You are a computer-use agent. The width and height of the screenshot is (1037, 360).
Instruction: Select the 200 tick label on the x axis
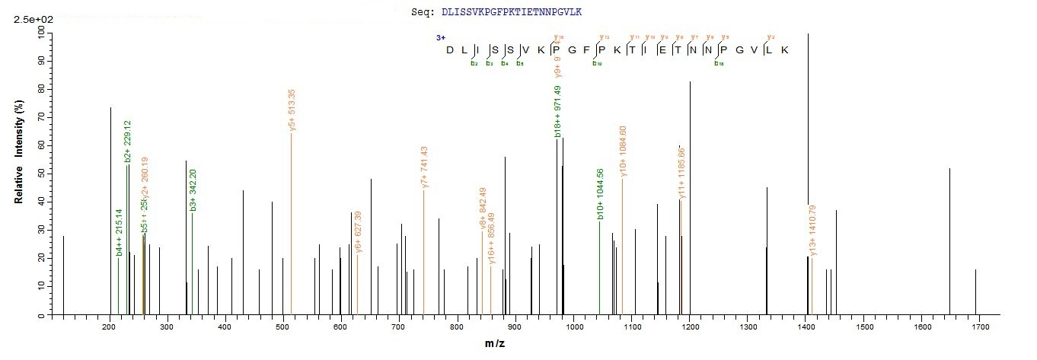coord(110,327)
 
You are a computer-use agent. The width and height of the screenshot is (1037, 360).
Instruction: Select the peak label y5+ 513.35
coord(292,111)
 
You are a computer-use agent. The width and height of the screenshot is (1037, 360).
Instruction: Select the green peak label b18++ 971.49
coord(558,111)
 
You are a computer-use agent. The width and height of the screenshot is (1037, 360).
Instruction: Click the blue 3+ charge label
coord(440,37)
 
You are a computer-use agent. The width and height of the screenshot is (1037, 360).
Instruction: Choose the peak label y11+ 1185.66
coord(682,172)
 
